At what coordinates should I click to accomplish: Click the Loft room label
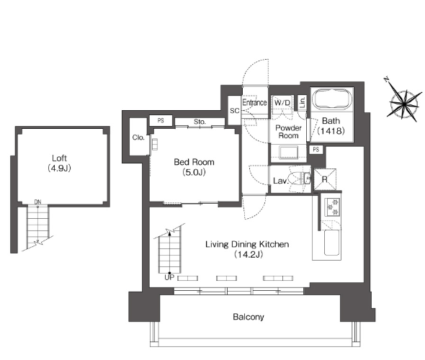[60, 158]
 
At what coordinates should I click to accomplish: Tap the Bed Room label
[194, 162]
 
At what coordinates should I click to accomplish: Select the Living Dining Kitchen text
[247, 244]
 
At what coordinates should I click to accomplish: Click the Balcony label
[249, 317]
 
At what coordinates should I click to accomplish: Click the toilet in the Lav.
[299, 179]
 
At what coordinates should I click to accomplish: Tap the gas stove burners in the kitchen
[332, 207]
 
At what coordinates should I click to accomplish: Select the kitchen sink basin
[331, 243]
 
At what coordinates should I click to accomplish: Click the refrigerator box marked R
[325, 179]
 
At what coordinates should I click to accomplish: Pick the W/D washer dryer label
[282, 103]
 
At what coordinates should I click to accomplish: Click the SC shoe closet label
[235, 111]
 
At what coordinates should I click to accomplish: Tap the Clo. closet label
[138, 138]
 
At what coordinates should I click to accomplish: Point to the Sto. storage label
[200, 122]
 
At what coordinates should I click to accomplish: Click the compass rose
[404, 102]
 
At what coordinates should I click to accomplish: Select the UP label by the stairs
[169, 278]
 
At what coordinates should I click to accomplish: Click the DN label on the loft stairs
[37, 202]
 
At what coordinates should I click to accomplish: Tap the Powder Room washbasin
[288, 153]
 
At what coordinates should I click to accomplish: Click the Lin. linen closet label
[303, 102]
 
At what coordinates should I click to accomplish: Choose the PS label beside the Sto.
[161, 120]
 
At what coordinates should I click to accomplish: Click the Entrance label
[254, 102]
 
